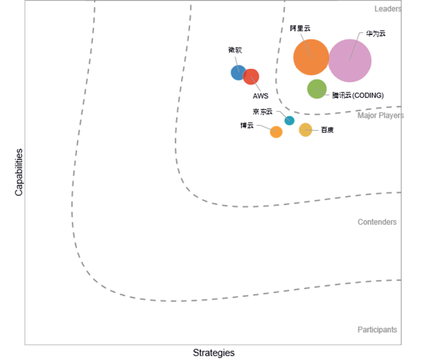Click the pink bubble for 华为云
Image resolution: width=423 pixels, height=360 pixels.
click(x=350, y=61)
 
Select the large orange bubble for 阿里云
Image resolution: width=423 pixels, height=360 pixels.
click(x=311, y=57)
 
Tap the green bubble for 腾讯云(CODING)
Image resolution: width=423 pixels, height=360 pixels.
click(x=317, y=89)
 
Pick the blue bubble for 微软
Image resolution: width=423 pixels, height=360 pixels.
click(x=238, y=72)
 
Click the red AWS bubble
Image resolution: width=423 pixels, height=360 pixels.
click(x=251, y=77)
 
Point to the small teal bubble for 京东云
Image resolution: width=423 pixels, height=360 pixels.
click(x=289, y=120)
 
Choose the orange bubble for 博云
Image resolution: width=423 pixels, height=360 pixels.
click(x=276, y=132)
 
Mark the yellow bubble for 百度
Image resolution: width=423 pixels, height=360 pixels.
click(x=305, y=130)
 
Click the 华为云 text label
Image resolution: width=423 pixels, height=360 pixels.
click(x=375, y=33)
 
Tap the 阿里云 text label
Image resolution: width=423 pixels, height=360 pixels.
click(x=300, y=28)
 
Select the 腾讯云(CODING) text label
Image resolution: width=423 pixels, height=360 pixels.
click(x=358, y=95)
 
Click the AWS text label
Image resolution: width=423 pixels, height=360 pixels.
click(x=260, y=96)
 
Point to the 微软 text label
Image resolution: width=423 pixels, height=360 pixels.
click(x=235, y=50)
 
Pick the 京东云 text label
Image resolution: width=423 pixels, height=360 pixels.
click(x=263, y=112)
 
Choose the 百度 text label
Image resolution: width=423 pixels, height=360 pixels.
click(x=327, y=130)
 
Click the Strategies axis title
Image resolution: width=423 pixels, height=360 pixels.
click(x=213, y=353)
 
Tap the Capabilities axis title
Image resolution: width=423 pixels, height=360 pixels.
click(x=19, y=172)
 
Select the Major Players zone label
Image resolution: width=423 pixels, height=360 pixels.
click(x=381, y=116)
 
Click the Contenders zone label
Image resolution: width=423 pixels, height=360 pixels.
click(x=377, y=222)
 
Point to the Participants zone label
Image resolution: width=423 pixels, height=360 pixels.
click(x=377, y=329)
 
